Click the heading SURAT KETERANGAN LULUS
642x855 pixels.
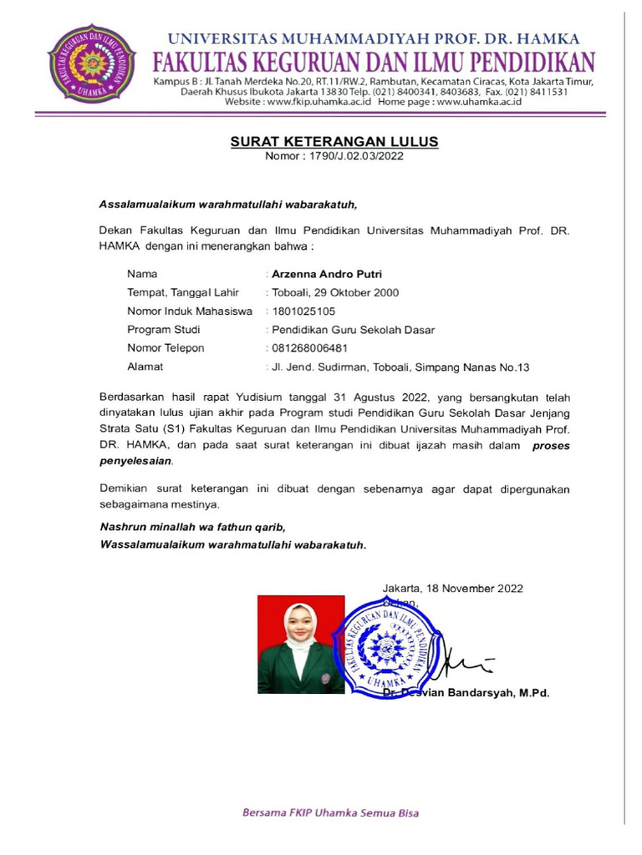[x=334, y=142]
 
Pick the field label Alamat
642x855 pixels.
[x=145, y=367]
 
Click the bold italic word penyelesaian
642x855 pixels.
[x=136, y=461]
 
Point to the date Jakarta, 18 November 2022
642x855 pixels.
[x=453, y=588]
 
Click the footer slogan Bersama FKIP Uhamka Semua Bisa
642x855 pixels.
[x=331, y=812]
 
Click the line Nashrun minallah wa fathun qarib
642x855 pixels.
[x=193, y=528]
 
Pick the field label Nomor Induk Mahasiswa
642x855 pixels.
[x=190, y=311]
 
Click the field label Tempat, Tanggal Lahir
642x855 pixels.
[x=183, y=293]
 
